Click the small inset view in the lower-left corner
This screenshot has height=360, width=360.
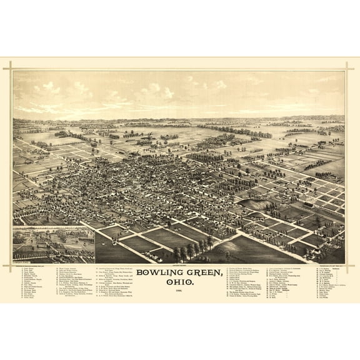tap(54, 245)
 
